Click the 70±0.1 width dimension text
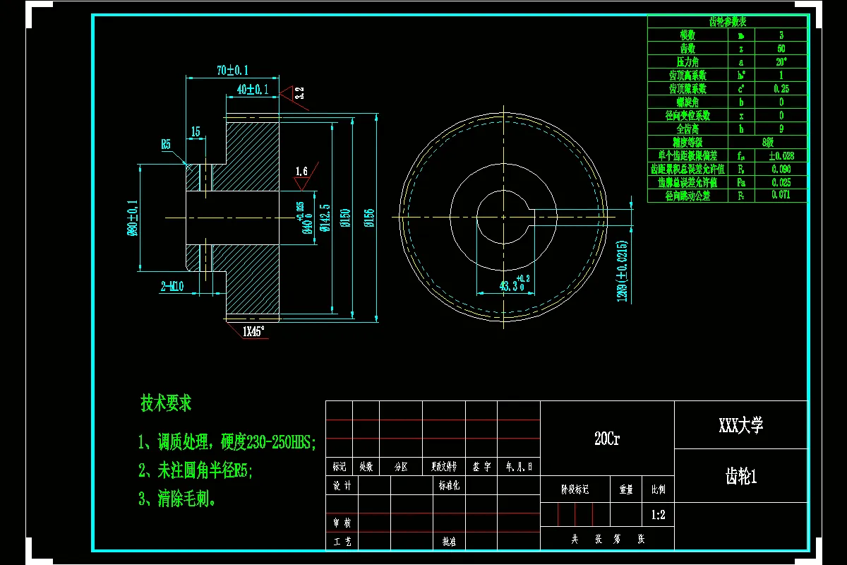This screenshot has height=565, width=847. pos(232,70)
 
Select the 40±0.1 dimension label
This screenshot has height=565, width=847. pos(253,89)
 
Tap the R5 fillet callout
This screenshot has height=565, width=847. pos(166,144)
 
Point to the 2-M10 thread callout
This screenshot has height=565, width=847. pos(172,286)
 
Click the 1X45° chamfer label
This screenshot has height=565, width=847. pos(253,331)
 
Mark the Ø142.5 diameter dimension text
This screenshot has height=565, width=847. pos(325,218)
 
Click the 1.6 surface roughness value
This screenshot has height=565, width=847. pos(301,171)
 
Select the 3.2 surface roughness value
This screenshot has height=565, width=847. pos(299,92)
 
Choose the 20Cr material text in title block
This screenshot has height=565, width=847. pos(606,439)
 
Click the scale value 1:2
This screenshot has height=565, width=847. pos(657,515)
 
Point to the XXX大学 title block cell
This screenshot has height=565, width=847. pos(740,425)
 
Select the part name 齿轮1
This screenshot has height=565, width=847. pos(740,477)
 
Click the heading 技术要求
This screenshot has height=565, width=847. pos(166,403)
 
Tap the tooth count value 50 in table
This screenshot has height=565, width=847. pos(781,49)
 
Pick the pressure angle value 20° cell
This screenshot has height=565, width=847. pos(781,61)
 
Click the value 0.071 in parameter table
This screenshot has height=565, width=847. pos(781,195)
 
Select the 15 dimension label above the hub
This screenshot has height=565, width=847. pos(196,131)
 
